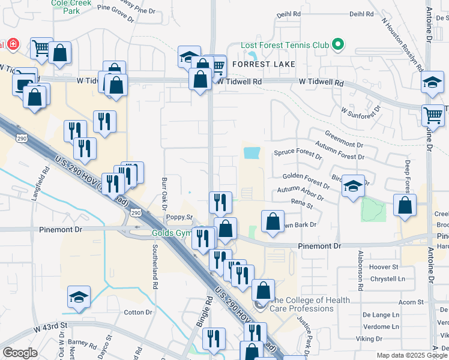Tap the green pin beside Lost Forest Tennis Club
pos(338,44)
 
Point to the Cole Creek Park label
pos(65,7)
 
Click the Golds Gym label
pos(170,233)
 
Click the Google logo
pos(20,352)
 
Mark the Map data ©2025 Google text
pos(412,355)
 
